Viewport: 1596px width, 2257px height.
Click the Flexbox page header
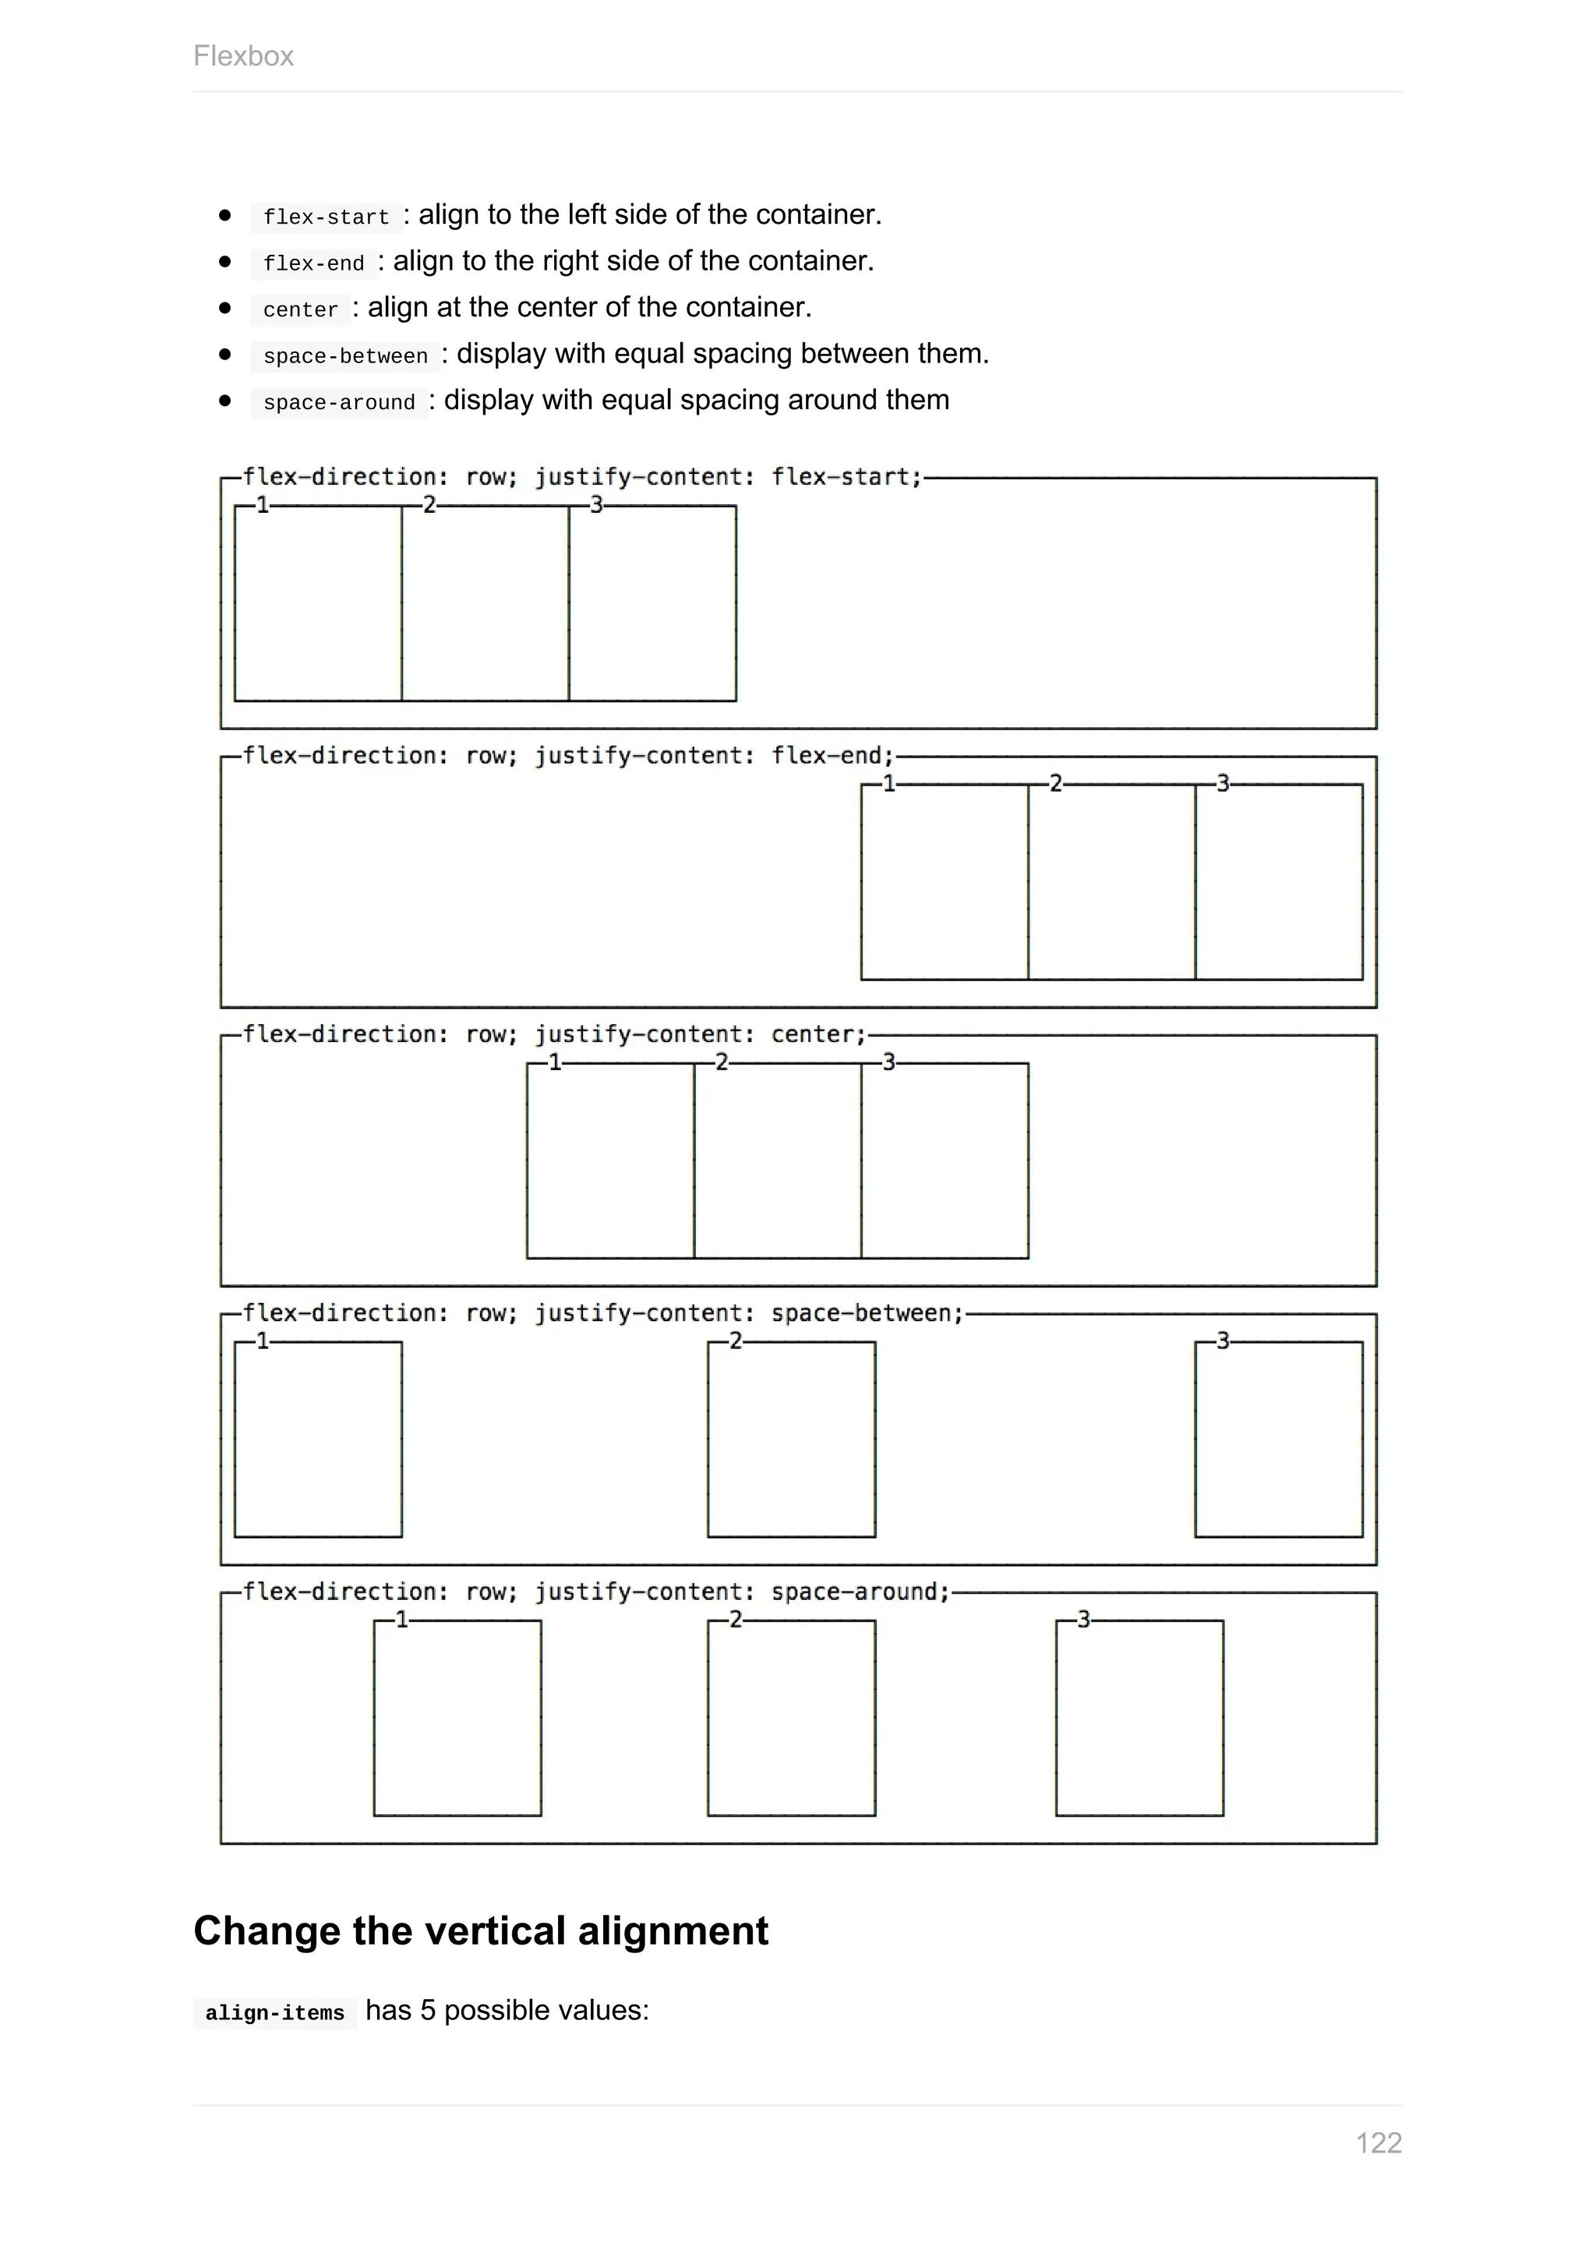(242, 56)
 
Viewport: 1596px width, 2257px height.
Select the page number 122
(1378, 2143)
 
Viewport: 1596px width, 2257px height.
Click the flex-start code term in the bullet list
(327, 216)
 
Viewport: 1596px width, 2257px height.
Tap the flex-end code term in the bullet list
(313, 263)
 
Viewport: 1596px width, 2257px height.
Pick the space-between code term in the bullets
(345, 356)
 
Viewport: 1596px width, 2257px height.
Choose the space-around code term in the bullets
(339, 402)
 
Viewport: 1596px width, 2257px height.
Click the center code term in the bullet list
(300, 309)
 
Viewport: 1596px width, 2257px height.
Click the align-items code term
(274, 2013)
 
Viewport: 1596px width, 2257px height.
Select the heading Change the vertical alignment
(481, 1930)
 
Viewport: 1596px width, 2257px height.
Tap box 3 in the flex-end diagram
(1279, 883)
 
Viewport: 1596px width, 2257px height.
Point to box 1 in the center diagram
(610, 1161)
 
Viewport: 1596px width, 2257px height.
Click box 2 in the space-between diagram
(791, 1440)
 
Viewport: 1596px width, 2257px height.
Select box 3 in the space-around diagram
(1139, 1718)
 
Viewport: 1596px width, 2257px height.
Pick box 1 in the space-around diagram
(457, 1718)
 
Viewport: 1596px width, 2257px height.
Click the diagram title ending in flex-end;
(568, 756)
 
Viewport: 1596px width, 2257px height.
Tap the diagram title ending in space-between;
(602, 1313)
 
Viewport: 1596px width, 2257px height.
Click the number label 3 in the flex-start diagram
(595, 505)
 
